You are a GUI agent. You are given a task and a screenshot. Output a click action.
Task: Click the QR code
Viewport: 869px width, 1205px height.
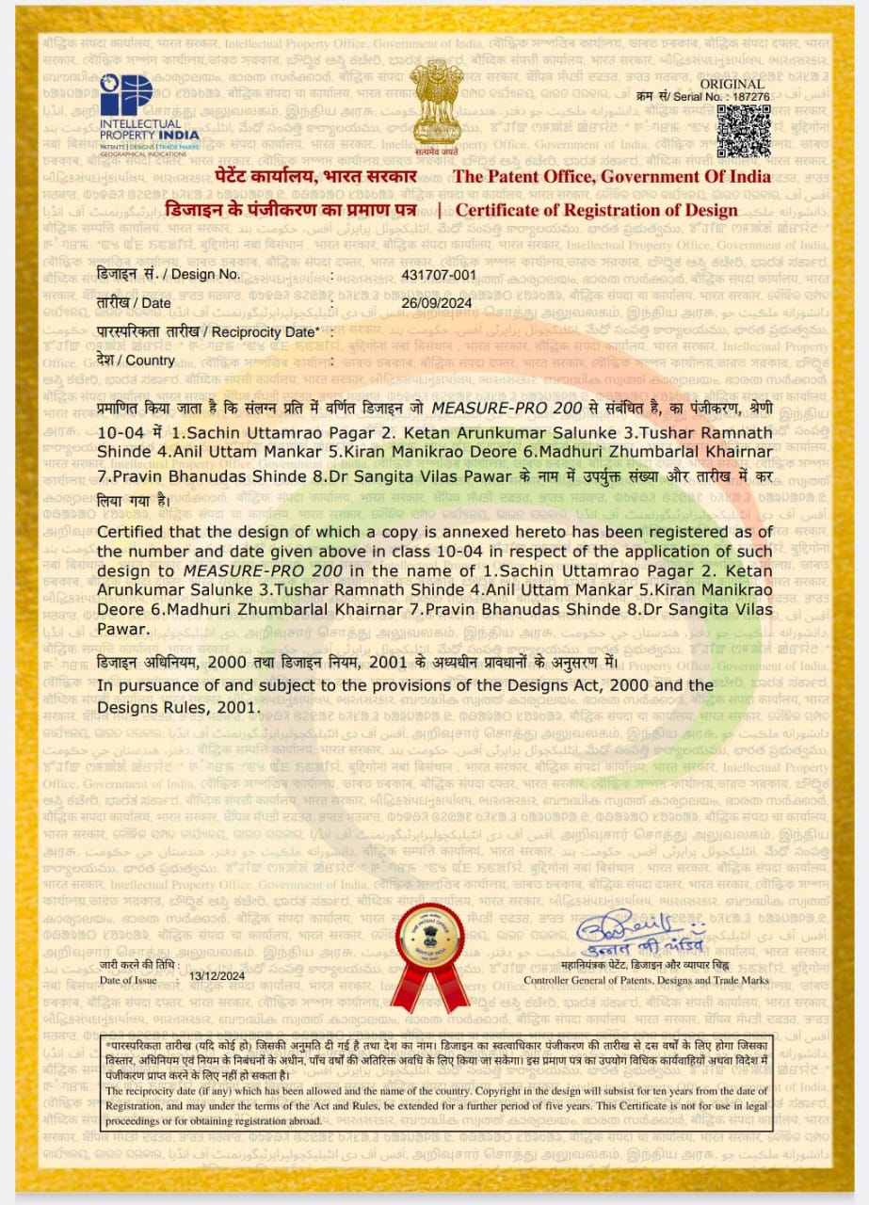tap(744, 132)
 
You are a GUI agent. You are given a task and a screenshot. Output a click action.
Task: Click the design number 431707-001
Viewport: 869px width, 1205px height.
tap(439, 275)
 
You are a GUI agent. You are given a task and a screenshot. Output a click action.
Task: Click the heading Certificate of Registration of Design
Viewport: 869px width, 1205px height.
tap(597, 210)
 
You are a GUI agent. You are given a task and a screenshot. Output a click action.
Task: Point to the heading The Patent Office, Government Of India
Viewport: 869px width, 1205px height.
tap(612, 177)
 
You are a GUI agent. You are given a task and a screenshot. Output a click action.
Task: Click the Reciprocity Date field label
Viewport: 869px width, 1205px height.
tap(208, 331)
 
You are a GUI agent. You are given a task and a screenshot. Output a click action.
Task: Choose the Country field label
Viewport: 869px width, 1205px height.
tap(136, 360)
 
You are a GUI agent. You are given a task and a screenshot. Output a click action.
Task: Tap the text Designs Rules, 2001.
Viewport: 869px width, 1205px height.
tap(178, 705)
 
